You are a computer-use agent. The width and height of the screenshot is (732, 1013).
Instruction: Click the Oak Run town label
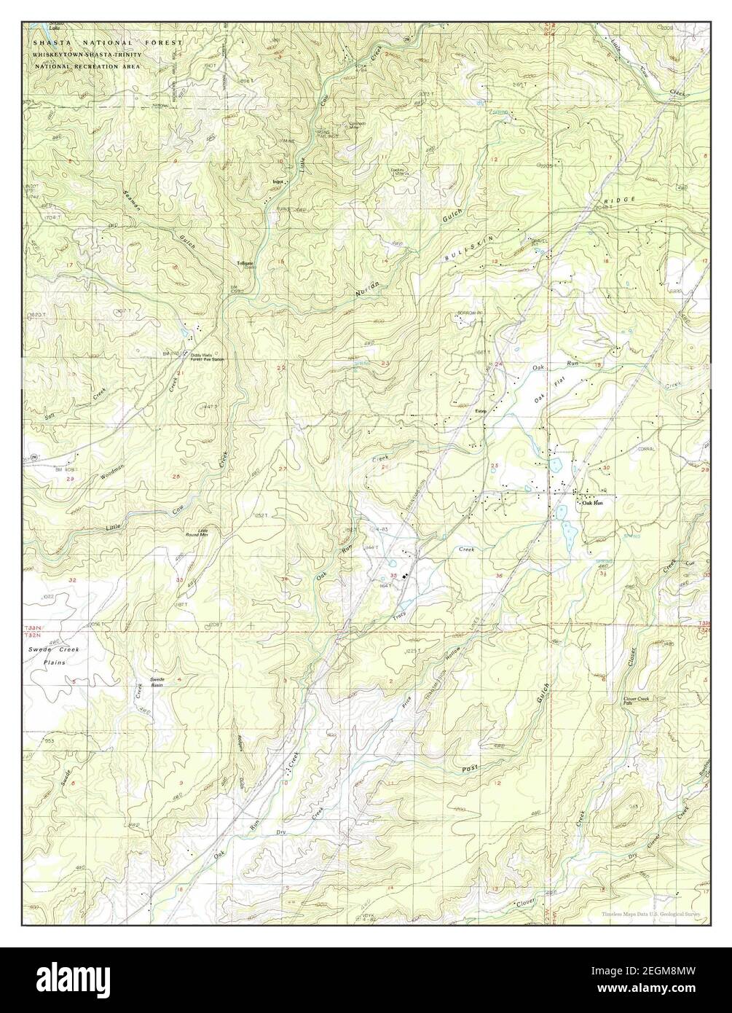point(592,503)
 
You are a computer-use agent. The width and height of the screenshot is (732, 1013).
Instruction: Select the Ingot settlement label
point(277,181)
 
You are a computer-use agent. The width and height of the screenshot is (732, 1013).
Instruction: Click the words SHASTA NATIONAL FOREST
point(106,44)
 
